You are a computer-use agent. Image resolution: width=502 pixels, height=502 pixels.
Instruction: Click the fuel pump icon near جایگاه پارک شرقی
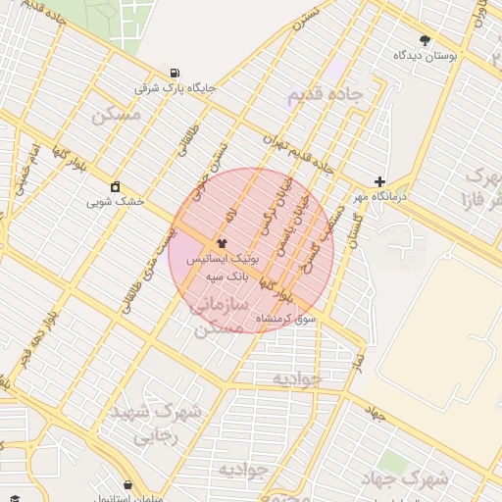[x=175, y=73]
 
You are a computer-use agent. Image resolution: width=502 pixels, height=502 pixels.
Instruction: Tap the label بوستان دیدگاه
[x=422, y=55]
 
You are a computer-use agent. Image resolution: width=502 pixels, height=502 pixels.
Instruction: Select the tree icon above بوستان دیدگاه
[x=424, y=40]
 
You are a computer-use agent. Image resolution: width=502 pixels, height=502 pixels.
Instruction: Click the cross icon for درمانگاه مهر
[x=379, y=181]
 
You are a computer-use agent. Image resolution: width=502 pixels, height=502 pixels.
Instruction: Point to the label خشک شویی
[x=115, y=201]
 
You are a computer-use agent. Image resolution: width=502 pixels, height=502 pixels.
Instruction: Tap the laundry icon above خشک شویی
[x=116, y=186]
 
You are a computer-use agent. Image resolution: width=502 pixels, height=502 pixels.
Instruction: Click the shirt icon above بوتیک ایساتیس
[x=222, y=241]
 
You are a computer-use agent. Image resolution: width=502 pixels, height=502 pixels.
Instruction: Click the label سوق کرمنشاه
[x=286, y=320]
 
